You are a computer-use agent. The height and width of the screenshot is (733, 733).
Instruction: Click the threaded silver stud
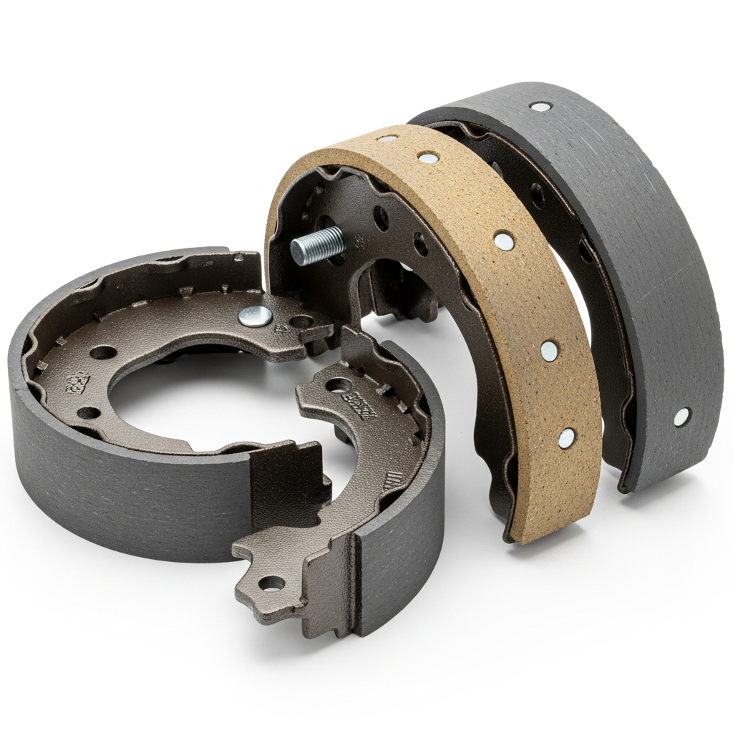tap(316, 246)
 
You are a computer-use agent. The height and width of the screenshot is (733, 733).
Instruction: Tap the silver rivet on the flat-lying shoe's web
tap(252, 314)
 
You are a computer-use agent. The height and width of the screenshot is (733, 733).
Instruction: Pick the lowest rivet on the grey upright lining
tap(681, 416)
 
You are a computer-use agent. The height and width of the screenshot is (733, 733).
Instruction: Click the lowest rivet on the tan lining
tap(566, 435)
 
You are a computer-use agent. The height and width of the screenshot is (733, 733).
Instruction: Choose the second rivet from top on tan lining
tap(427, 157)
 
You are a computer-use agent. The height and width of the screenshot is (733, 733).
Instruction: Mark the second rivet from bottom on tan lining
tap(548, 349)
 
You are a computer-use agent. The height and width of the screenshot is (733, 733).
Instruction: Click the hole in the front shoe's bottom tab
tap(270, 584)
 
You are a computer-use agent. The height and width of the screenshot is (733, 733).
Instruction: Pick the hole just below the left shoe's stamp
tap(89, 413)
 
